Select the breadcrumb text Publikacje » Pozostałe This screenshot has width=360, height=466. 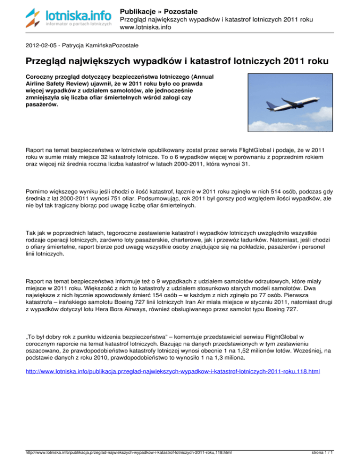click(x=158, y=10)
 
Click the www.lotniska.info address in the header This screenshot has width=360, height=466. click(x=144, y=28)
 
